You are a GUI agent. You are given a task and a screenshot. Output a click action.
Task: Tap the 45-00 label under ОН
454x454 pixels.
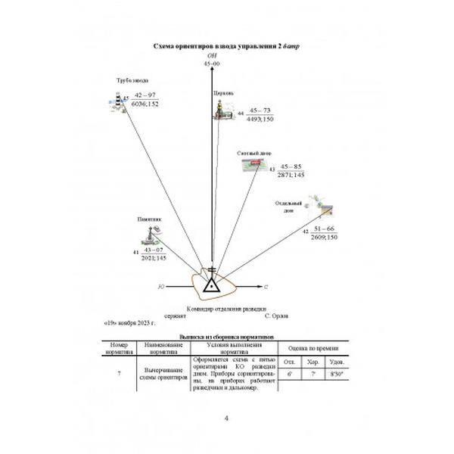pos(212,65)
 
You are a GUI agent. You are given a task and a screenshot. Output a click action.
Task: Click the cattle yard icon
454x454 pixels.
pos(254,166)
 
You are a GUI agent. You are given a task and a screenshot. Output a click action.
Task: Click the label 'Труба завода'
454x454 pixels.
pos(132,80)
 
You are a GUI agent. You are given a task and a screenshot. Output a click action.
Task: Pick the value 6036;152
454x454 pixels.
pos(145,104)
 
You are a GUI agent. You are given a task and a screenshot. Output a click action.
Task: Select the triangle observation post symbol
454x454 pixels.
pos(212,286)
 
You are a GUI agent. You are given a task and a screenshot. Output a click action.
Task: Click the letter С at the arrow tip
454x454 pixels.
pos(266,288)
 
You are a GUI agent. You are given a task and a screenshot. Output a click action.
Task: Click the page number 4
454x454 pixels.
pos(227,418)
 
